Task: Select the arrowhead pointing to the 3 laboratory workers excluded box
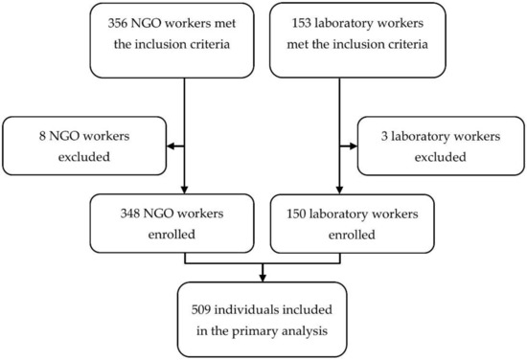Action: tap(349, 146)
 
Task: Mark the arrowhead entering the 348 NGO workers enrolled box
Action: tap(183, 191)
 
